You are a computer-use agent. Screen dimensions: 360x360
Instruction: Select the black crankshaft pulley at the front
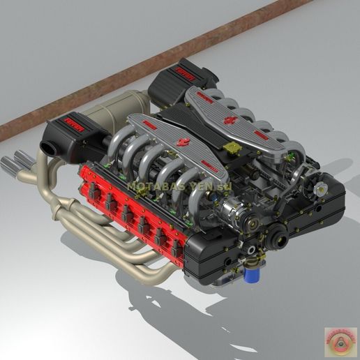tap(279, 241)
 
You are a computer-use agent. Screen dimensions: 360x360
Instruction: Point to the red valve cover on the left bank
tap(133, 209)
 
